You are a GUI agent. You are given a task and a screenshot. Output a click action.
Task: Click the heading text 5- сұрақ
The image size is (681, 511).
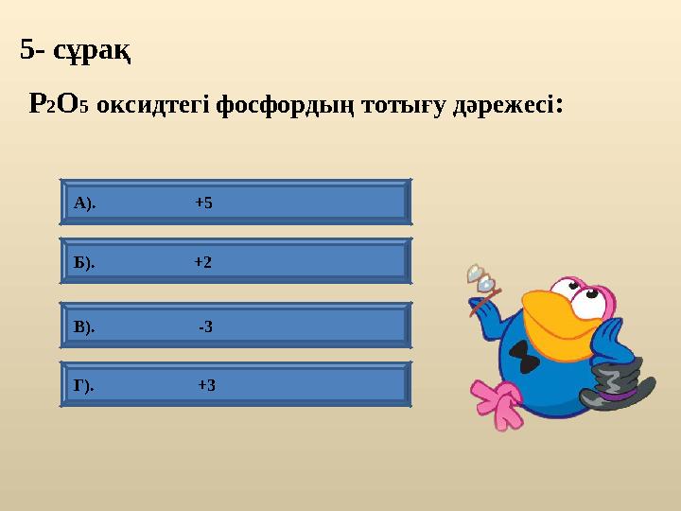coord(76,49)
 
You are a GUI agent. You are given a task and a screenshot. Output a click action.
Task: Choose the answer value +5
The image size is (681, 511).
coord(203,203)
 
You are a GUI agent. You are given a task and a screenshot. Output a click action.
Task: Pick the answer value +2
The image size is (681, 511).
coord(202,262)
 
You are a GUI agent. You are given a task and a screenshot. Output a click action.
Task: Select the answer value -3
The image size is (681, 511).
coord(205,327)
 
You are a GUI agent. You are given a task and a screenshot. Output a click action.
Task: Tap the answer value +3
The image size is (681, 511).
coord(206,385)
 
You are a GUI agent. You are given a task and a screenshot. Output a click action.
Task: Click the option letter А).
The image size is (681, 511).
coord(84,203)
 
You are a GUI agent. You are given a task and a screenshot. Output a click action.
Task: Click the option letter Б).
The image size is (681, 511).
coord(84,262)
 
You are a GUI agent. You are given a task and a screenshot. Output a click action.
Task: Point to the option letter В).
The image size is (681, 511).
coord(84,327)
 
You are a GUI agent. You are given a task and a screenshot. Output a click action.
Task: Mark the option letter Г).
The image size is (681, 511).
coord(83,385)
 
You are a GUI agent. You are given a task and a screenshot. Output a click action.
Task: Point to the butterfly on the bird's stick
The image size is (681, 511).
coord(480,277)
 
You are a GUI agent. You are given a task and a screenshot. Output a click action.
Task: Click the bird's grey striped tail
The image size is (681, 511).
coord(613,383)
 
